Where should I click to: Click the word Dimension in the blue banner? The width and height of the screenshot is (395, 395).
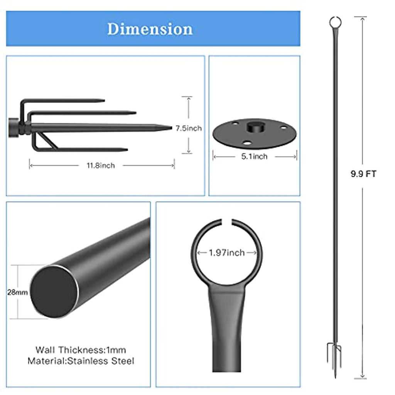click(x=150, y=29)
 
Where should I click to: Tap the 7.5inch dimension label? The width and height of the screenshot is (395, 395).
click(x=189, y=128)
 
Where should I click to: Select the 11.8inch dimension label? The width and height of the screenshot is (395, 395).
click(x=101, y=165)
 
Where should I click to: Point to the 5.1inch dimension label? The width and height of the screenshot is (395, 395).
click(x=254, y=157)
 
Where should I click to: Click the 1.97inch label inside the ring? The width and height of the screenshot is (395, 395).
click(x=227, y=253)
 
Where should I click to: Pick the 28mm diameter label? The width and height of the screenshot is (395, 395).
click(x=17, y=292)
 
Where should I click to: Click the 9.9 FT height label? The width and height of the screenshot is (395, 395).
click(x=363, y=174)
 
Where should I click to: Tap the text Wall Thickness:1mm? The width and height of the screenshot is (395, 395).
click(x=81, y=350)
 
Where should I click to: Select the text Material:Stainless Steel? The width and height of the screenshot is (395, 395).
click(x=81, y=361)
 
